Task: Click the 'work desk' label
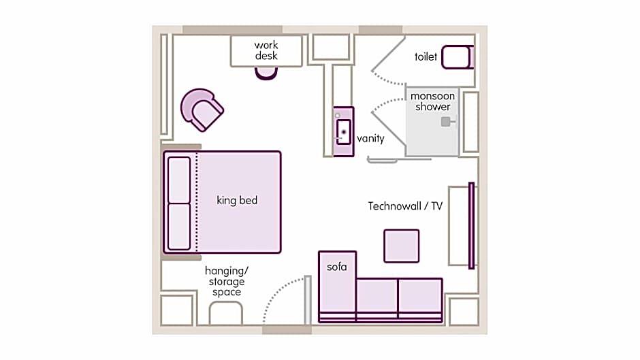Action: (266, 50)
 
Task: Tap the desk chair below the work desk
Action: (266, 73)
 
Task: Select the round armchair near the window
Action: (202, 110)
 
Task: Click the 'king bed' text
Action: (237, 200)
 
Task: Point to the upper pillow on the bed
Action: (179, 180)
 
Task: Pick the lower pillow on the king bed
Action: (179, 227)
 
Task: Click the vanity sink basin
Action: (344, 132)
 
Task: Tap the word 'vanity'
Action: (370, 138)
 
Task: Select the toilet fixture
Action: (458, 57)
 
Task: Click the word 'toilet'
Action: (426, 56)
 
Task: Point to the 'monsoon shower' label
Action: (432, 101)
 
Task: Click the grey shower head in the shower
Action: (447, 122)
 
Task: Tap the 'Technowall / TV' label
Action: (405, 206)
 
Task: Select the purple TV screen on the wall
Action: (471, 226)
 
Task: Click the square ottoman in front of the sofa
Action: (402, 246)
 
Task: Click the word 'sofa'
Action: (337, 267)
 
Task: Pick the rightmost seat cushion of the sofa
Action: (420, 296)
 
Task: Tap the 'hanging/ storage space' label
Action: (227, 281)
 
